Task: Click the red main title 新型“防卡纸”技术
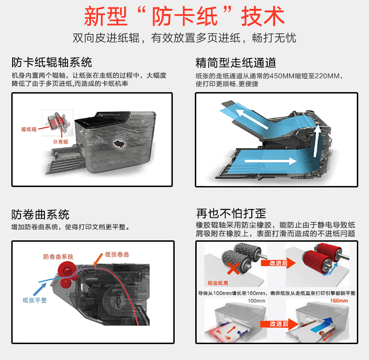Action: [x=184, y=16]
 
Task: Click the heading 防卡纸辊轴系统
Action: [x=52, y=63]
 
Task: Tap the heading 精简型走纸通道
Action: [x=236, y=63]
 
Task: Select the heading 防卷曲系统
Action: [x=40, y=215]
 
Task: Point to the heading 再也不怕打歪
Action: [x=231, y=214]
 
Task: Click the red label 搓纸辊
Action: [x=29, y=129]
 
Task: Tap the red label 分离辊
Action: [x=60, y=142]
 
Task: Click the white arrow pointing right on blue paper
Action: [x=270, y=161]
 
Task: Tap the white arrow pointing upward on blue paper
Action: [x=317, y=141]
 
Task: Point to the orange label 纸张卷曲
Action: [x=117, y=254]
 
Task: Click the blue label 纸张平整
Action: [x=35, y=300]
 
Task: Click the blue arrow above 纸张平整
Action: [x=40, y=289]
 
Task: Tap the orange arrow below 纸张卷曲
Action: [x=98, y=259]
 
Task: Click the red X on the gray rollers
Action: [x=234, y=267]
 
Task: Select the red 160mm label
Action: [x=339, y=301]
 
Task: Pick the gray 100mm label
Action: [x=256, y=301]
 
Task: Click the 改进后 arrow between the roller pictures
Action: [x=278, y=263]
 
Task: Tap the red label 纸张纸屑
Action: [x=218, y=283]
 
